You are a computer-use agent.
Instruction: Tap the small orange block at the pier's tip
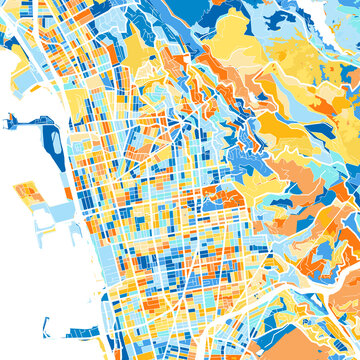pyautogui.click(x=9, y=119)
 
